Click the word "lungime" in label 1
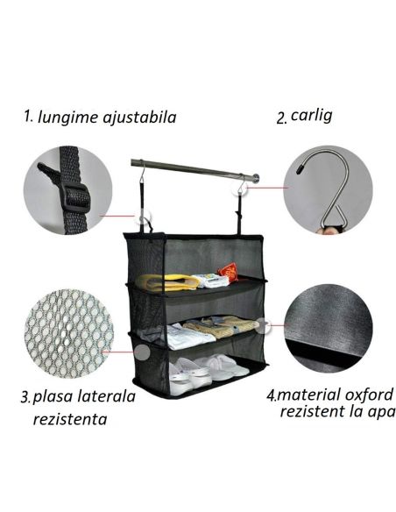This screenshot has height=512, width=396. (67, 117)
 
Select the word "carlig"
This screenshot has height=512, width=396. (311, 116)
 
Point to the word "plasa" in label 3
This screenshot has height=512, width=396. (54, 397)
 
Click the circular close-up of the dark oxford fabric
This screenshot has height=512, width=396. (329, 327)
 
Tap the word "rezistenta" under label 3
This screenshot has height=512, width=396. (70, 418)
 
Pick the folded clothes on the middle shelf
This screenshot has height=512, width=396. (202, 331)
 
